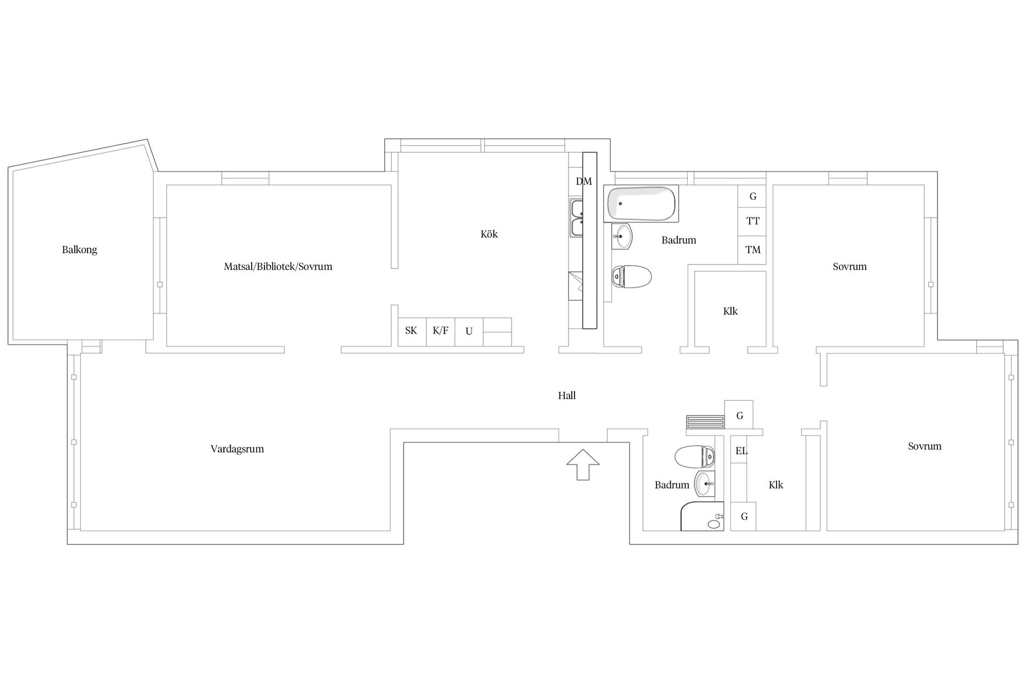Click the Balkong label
[x=80, y=250]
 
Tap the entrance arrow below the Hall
[x=582, y=464]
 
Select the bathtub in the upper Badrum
[x=641, y=204]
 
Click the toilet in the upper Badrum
[x=632, y=277]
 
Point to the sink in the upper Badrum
[x=622, y=236]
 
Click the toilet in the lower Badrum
[x=694, y=457]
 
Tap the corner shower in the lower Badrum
[x=702, y=516]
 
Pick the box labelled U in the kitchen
[x=469, y=332]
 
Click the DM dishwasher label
[x=584, y=182]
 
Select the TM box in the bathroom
[x=752, y=250]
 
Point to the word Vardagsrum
[x=237, y=449]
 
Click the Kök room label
[x=489, y=234]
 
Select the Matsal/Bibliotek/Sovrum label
[x=278, y=267]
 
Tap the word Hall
[x=566, y=396]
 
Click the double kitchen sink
[x=577, y=217]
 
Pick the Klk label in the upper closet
[x=730, y=312]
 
